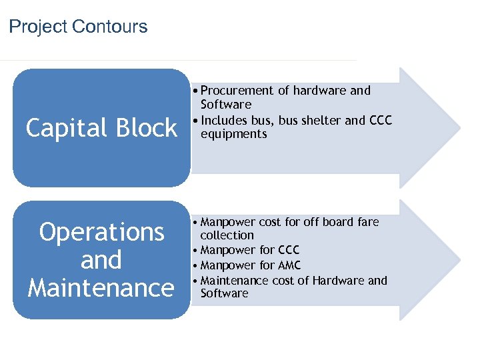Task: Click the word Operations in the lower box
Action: [101, 232]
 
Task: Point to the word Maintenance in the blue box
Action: [101, 288]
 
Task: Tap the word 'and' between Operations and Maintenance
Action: [101, 260]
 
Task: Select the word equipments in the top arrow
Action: [233, 134]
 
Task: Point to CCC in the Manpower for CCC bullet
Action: [288, 251]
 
